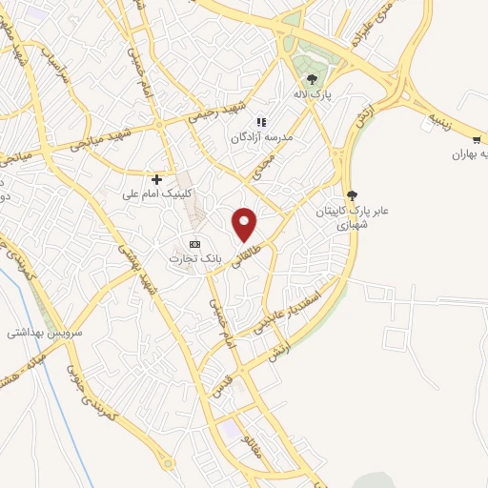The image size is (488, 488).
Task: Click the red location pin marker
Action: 246,223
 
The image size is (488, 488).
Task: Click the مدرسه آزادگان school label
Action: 260,138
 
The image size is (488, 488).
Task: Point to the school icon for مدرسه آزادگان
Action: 262,122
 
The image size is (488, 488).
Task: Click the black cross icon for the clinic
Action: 157,179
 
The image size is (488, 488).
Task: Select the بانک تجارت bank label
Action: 195,258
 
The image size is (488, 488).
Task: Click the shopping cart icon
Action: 478,140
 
